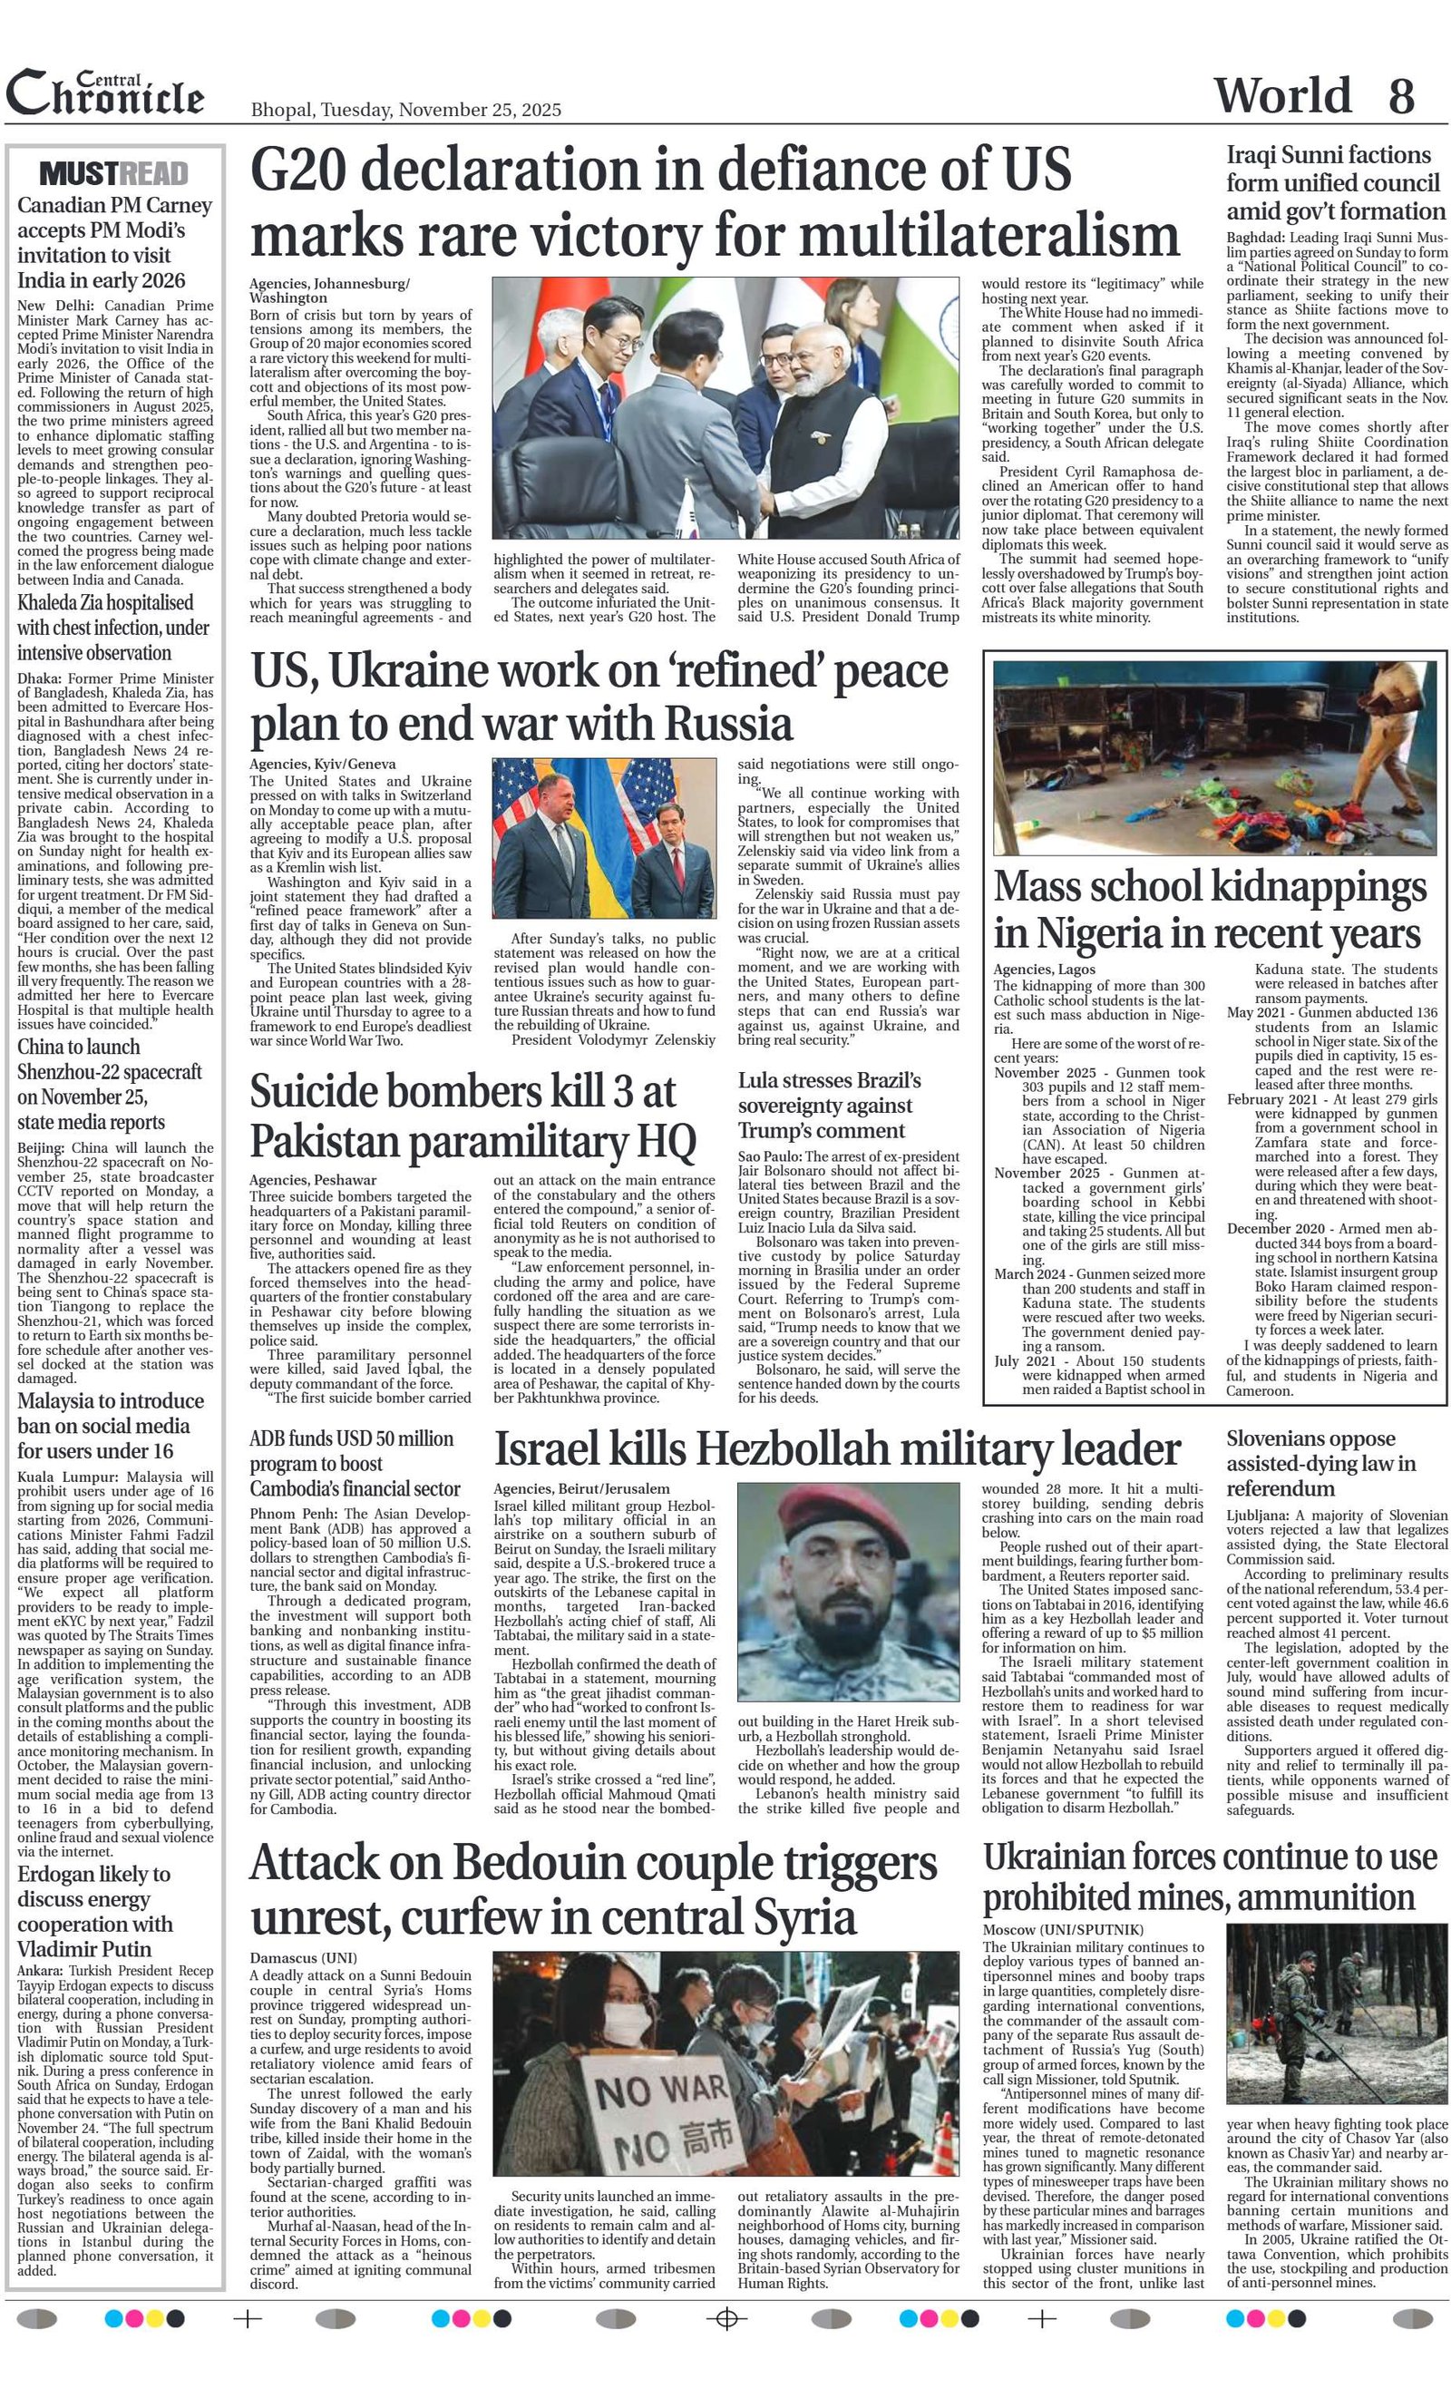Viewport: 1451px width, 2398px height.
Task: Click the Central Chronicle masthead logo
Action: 105,94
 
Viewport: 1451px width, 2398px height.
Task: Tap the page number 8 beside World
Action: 1400,96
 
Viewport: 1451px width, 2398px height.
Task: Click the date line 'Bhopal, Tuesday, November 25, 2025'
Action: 405,110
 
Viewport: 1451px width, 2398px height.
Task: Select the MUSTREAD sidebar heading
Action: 114,173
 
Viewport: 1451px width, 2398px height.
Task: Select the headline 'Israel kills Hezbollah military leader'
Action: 837,1449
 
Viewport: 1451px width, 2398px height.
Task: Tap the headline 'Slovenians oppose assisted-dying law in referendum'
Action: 1320,1463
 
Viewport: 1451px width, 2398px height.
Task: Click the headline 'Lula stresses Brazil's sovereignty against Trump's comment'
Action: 828,1105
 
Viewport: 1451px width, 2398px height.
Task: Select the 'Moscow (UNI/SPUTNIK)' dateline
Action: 1063,1929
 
